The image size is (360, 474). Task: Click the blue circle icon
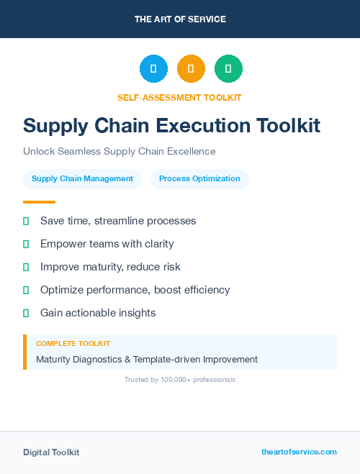tap(153, 69)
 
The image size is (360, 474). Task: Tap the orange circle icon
tap(191, 69)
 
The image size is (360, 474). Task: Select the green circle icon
tap(228, 69)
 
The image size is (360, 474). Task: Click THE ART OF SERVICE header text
tap(180, 19)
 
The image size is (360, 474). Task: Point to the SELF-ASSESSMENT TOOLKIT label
tap(179, 97)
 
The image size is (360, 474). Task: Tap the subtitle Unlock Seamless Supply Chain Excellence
tap(119, 151)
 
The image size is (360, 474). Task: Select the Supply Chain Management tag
tap(82, 179)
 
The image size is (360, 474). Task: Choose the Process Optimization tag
tap(199, 179)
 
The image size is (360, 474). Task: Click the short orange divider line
tap(39, 202)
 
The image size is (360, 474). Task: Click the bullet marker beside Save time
tap(26, 221)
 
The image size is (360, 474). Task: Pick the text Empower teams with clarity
tap(107, 244)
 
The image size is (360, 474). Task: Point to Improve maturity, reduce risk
tap(110, 267)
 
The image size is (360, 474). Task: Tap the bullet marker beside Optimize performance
tap(26, 290)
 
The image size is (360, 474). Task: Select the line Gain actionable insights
tap(98, 313)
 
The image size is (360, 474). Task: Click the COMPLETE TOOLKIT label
tap(73, 344)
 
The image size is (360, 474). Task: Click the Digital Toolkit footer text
tap(51, 452)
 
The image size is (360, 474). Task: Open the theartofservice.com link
tap(299, 452)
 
